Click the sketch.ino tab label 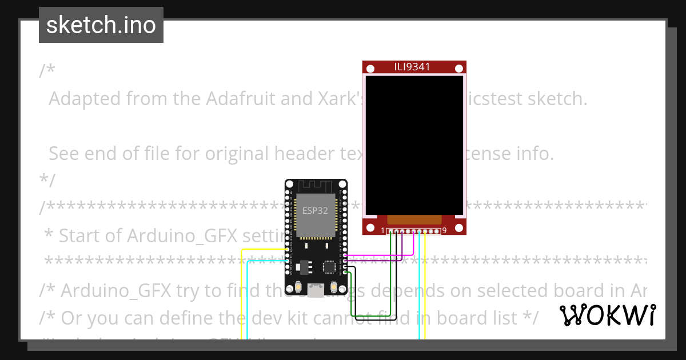pos(101,25)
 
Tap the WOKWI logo pos(607,315)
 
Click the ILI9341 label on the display pos(412,67)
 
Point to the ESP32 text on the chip pos(315,210)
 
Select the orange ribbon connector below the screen pos(414,219)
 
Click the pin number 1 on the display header pos(383,230)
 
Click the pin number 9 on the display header pos(444,230)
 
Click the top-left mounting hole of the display pos(369,68)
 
